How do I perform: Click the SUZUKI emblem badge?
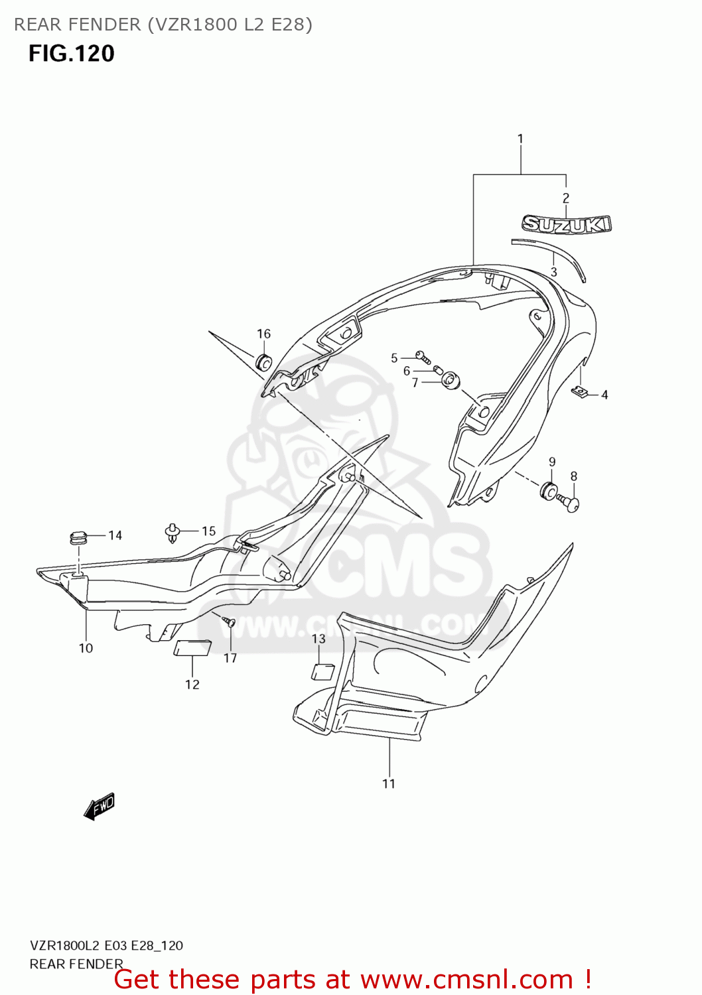(566, 224)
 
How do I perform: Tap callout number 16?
(263, 334)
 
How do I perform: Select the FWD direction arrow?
(100, 807)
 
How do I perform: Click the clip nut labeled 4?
(581, 391)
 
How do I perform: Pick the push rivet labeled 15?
(173, 532)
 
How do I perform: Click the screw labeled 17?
(230, 622)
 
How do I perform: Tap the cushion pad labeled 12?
(192, 647)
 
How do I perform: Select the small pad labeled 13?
(323, 671)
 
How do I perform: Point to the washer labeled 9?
(549, 492)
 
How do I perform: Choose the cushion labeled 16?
(263, 362)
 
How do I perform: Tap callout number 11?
(389, 783)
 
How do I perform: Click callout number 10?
(86, 648)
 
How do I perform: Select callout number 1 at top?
(520, 139)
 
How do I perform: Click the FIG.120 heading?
(72, 53)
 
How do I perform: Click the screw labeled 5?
(421, 357)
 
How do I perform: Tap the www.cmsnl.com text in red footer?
(466, 979)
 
